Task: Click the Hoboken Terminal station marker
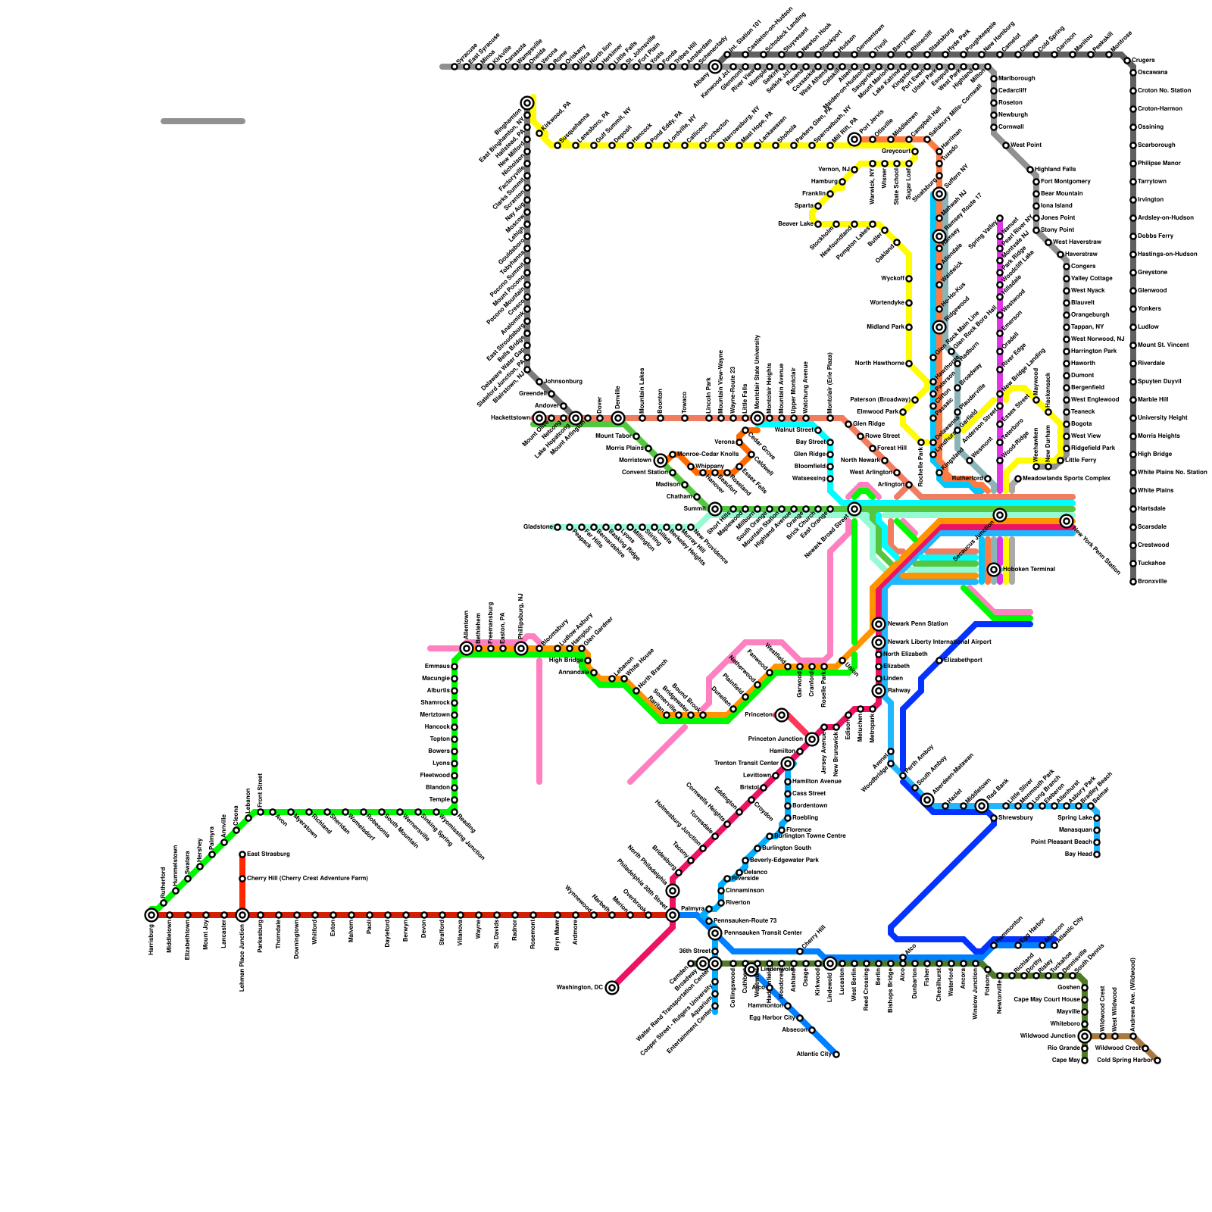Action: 994,570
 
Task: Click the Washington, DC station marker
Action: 612,988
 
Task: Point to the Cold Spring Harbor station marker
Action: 1157,1060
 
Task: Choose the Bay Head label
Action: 1079,854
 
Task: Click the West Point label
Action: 1026,145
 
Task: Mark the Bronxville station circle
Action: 1133,582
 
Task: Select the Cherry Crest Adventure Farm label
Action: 307,879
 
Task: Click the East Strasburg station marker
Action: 242,854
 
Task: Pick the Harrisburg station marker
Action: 151,915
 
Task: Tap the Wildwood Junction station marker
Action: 1085,1036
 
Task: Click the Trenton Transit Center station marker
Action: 788,764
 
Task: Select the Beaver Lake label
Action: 795,224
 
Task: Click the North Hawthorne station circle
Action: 909,364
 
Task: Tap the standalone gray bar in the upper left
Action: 203,121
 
